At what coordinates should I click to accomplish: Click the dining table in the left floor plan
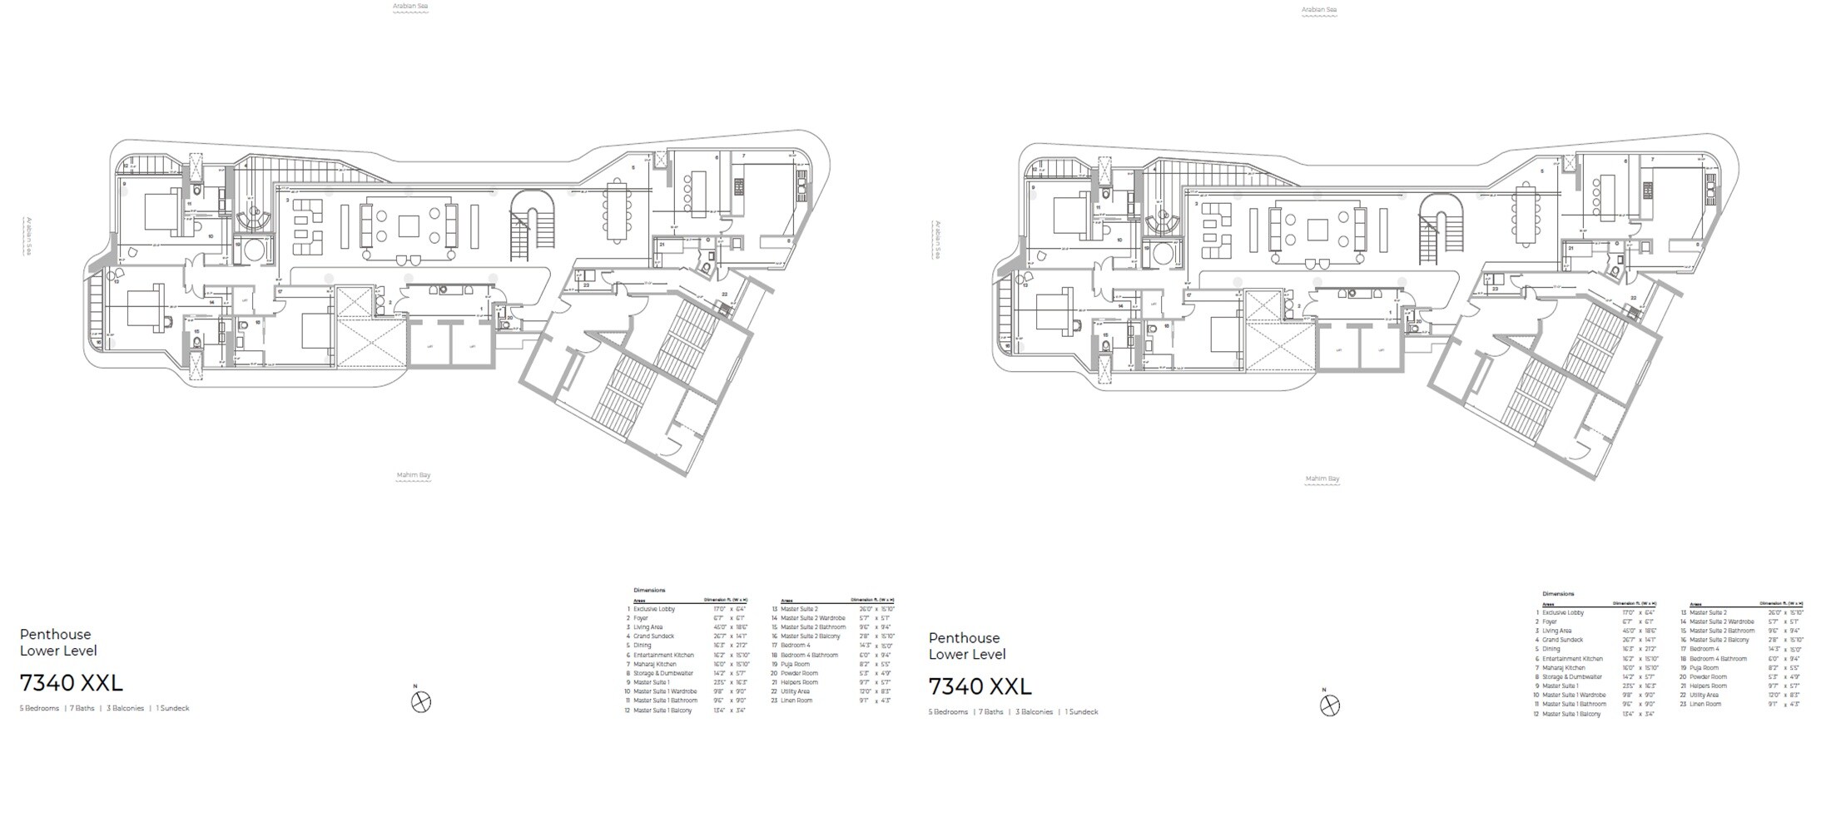point(617,210)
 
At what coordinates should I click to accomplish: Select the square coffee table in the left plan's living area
point(409,226)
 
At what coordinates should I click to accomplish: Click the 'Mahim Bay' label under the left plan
point(414,475)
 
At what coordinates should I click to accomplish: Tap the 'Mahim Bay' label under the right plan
point(1322,478)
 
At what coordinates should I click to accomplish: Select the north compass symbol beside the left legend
point(422,702)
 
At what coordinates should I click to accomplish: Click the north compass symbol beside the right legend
point(1330,706)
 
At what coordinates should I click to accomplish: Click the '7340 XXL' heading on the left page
point(72,683)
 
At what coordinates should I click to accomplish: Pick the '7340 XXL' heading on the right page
point(980,686)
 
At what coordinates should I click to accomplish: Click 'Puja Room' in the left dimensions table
point(795,664)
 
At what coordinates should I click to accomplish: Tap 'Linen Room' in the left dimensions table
point(796,701)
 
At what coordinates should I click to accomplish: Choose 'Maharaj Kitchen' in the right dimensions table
point(1564,667)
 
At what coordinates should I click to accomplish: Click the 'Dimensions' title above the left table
point(649,590)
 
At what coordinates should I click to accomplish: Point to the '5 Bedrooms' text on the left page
point(39,709)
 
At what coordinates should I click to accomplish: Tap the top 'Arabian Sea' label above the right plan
point(1319,10)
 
